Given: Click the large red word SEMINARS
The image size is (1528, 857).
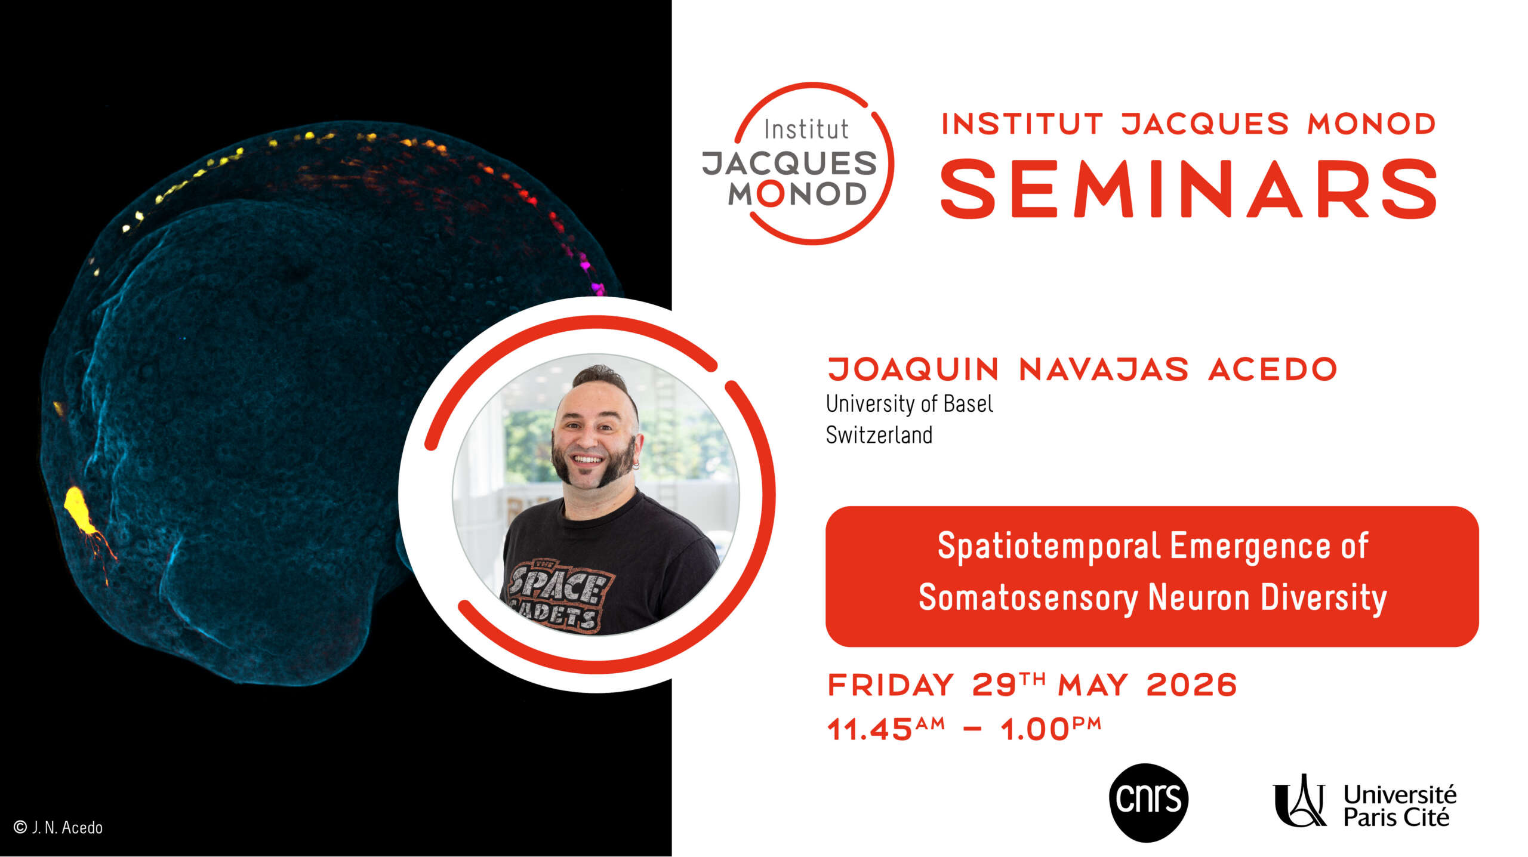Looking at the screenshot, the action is point(1188,189).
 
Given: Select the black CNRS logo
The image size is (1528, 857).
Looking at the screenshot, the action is point(1148,803).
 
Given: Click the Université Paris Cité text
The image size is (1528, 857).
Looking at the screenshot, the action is point(1400,806).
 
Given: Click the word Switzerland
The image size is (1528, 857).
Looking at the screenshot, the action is point(879,435).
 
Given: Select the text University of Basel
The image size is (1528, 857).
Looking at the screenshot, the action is point(910,404).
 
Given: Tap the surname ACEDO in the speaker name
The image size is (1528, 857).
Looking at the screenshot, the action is point(1273,369).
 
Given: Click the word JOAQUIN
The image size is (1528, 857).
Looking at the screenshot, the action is point(913,369).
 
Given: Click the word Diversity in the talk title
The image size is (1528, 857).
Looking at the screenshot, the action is point(1323,597).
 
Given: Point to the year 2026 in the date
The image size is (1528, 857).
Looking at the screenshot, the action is point(1191,685).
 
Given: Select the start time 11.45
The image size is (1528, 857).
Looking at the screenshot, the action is point(870,729).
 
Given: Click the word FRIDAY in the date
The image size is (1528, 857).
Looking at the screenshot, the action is point(891,685).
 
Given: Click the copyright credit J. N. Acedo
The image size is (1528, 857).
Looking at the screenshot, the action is point(58,827).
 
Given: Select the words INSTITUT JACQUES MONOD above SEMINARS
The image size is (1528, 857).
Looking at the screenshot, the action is point(1188,124).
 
